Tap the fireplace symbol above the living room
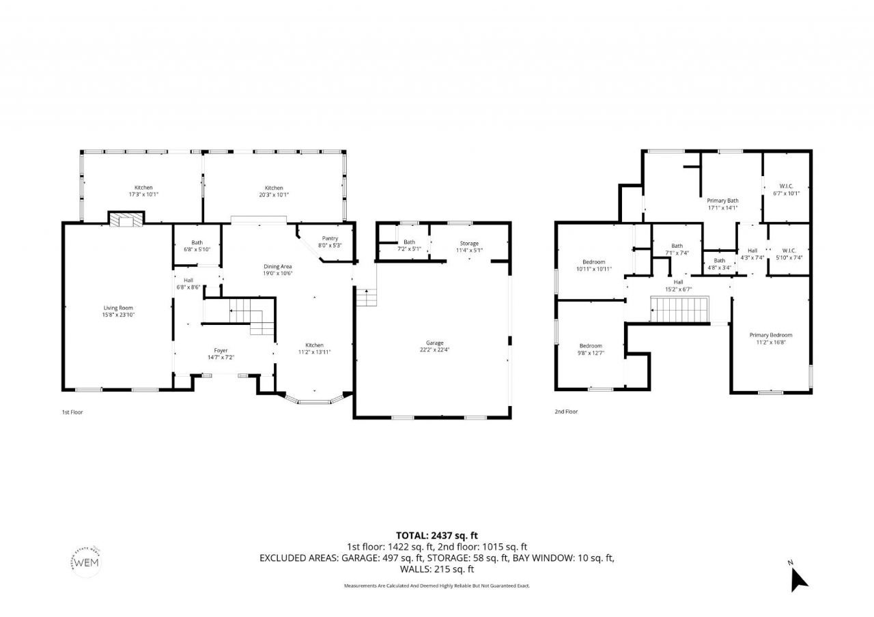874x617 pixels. point(126,220)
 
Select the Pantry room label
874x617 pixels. point(330,238)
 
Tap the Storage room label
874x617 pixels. point(469,243)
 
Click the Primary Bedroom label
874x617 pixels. point(770,335)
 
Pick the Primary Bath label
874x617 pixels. point(722,201)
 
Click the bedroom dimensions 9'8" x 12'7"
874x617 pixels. point(591,353)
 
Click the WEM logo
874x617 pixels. point(87,562)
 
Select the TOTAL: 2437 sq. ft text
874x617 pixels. point(437,536)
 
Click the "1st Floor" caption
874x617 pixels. point(72,412)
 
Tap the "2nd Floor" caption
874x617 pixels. point(566,412)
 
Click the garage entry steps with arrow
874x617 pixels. point(365,297)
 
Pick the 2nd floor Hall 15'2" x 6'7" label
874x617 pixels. point(678,285)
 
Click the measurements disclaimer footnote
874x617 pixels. point(437,586)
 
